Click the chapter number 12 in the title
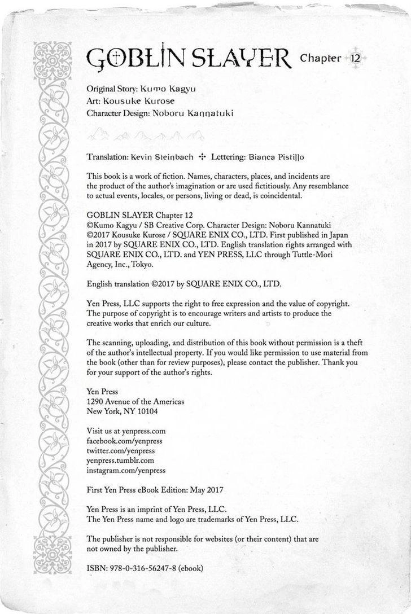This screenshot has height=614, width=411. [x=355, y=58]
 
